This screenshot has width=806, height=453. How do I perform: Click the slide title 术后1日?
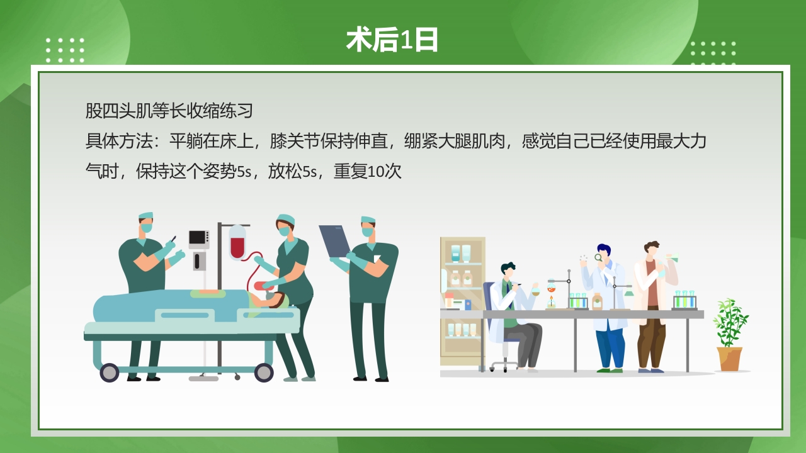(392, 40)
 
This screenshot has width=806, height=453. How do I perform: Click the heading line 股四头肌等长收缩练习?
(169, 111)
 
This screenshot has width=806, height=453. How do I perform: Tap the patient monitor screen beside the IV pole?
(198, 238)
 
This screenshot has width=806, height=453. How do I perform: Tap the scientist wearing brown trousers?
(652, 302)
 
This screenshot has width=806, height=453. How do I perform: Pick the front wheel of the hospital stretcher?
(263, 372)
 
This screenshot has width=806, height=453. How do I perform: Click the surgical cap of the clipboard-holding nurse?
(368, 220)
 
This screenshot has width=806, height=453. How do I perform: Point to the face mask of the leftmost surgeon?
(146, 228)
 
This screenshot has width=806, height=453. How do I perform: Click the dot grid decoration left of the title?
(65, 50)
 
